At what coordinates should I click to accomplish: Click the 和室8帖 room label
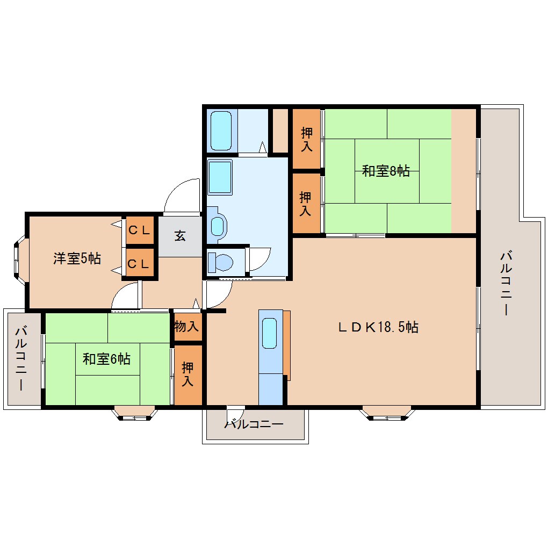pos(386,171)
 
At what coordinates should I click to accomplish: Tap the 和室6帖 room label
pos(106,358)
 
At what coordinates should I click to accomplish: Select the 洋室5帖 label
pos(77,258)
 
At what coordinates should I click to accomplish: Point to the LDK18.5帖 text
pos(378,327)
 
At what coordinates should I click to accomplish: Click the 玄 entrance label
pos(180,235)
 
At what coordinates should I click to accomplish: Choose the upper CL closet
pos(140,230)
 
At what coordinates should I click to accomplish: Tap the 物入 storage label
pos(187,326)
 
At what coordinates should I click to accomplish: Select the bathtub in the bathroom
pos(221,131)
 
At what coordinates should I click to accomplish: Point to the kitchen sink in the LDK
pos(270,335)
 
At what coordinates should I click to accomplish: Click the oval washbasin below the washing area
pos(217,226)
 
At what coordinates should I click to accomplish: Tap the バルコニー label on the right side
pos(505,282)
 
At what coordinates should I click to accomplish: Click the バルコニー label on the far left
pos(21,358)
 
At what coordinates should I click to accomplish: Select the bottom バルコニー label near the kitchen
pos(254,424)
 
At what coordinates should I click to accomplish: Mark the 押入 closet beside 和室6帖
pos(188,374)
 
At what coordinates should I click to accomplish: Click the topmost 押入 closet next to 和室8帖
pos(306,139)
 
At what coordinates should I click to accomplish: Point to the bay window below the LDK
pos(387,413)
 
